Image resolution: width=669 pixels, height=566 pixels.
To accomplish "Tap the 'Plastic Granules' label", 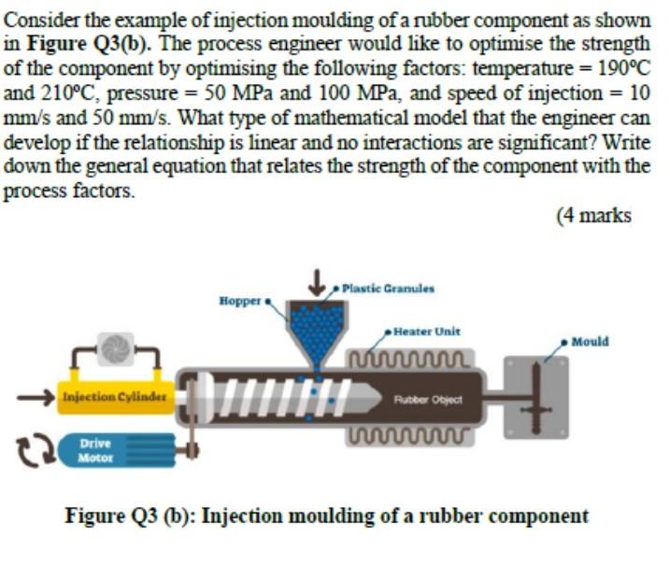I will [x=388, y=288].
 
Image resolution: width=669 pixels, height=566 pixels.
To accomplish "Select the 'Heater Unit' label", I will [x=426, y=331].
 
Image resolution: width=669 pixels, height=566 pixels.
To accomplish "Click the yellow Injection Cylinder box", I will [x=113, y=397].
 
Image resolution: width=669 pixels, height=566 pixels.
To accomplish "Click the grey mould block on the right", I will [x=537, y=397].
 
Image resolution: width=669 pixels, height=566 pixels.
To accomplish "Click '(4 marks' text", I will [x=593, y=216].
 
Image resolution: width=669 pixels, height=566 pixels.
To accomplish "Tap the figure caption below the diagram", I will [x=327, y=516].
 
